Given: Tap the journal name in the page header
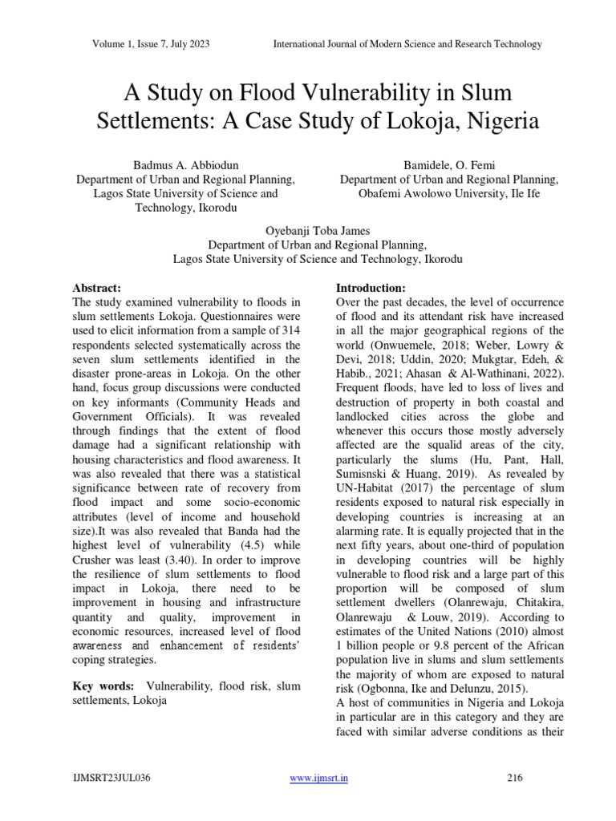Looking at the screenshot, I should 408,43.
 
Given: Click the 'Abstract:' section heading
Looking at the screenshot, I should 96,287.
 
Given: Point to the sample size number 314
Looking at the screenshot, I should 290,330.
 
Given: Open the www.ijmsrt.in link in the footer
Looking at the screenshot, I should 318,779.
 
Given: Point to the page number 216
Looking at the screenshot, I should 515,779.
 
